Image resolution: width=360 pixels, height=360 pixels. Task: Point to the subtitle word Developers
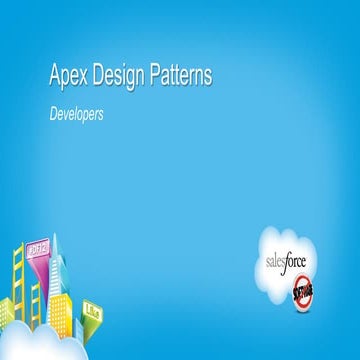pyautogui.click(x=77, y=115)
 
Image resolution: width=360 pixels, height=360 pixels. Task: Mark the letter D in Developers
pyautogui.click(x=54, y=115)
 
